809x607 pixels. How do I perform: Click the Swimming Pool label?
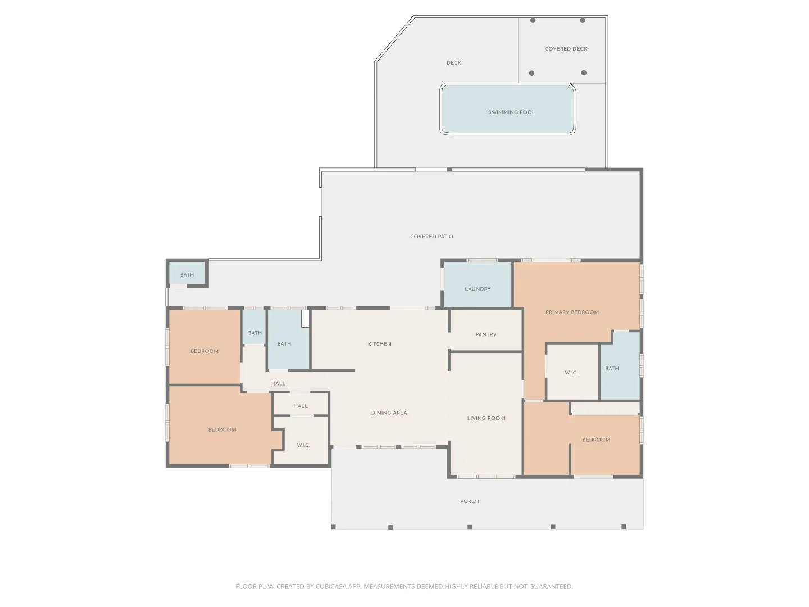(x=511, y=112)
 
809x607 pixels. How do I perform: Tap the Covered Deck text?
(x=566, y=49)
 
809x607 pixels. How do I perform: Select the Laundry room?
(x=478, y=284)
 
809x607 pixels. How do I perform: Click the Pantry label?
(x=486, y=334)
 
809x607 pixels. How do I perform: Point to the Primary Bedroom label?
(x=572, y=312)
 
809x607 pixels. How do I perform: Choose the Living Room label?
(x=486, y=418)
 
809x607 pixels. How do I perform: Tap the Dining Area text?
(x=389, y=413)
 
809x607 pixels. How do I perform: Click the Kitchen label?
(x=379, y=344)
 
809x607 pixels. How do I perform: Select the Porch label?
(x=470, y=501)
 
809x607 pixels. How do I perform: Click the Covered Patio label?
(x=431, y=237)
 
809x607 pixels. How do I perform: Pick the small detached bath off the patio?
(x=187, y=273)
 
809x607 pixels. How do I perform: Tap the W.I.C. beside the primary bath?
(x=571, y=373)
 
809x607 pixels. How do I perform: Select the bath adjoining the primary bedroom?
(x=620, y=366)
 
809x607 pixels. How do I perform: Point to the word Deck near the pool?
(x=454, y=63)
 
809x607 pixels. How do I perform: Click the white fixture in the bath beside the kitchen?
(x=305, y=319)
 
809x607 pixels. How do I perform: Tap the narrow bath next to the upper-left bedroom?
(x=254, y=327)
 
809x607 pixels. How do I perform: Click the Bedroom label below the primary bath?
(x=596, y=440)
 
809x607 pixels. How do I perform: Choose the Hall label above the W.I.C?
(x=301, y=406)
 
